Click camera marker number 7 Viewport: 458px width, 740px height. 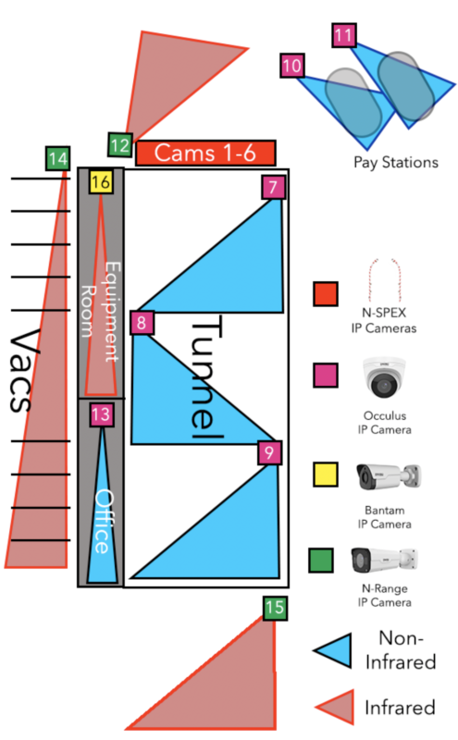point(273,187)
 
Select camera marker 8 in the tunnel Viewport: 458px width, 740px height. point(142,323)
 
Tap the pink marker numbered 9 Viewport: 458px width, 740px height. point(269,453)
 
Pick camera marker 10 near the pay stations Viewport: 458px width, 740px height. point(292,65)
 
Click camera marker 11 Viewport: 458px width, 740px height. point(344,35)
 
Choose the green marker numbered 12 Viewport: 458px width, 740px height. point(120,145)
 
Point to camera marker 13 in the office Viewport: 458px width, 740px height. point(102,414)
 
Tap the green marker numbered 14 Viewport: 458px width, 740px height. point(58,158)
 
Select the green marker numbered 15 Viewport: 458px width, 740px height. point(276,608)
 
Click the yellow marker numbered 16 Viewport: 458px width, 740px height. point(101,181)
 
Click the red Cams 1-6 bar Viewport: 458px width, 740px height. point(205,153)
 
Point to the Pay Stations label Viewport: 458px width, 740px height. point(396,163)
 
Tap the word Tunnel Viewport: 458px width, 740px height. point(205,376)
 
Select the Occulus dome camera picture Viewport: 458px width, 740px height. point(384,377)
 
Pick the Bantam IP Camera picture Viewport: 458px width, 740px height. point(388,476)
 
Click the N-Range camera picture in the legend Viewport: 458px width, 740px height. point(384,561)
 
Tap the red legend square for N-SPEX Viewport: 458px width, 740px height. point(326,294)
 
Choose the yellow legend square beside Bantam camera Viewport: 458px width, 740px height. point(326,475)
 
